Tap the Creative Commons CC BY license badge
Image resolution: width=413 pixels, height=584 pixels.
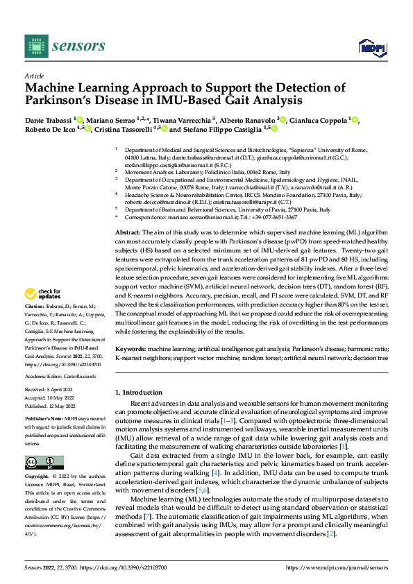click(x=44, y=462)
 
